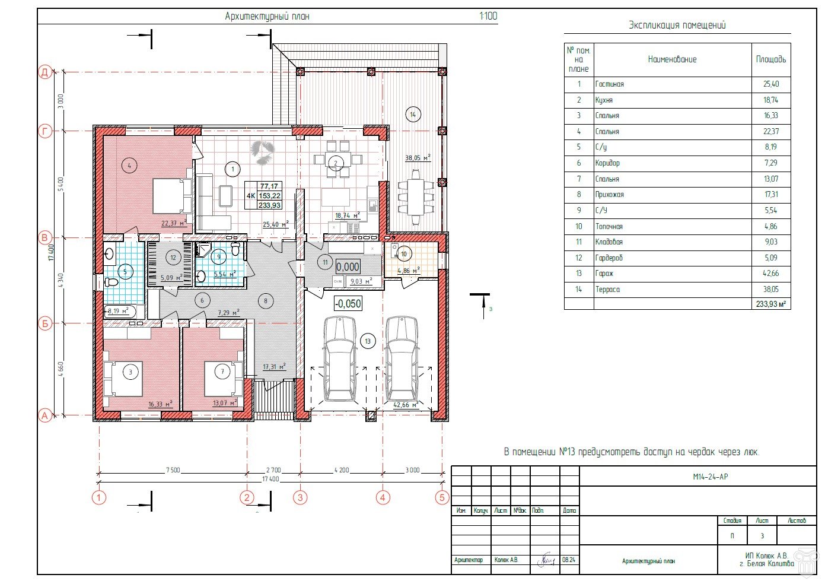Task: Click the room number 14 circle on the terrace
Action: [412, 114]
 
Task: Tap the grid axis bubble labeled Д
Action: [45, 72]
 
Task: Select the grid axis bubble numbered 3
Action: [300, 497]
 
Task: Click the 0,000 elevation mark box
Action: [348, 267]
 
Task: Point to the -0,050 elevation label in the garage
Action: [348, 304]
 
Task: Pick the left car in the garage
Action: [340, 358]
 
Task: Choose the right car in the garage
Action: [402, 358]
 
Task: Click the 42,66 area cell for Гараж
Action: [770, 274]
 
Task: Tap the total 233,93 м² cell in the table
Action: [770, 304]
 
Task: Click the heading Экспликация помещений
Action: [677, 25]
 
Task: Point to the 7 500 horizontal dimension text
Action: [173, 470]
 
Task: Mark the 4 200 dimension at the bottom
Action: [342, 470]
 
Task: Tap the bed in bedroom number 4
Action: [172, 196]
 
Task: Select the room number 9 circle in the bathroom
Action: [219, 257]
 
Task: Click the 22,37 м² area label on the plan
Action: [174, 223]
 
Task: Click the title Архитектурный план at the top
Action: [267, 17]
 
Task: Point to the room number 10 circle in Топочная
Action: [404, 254]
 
